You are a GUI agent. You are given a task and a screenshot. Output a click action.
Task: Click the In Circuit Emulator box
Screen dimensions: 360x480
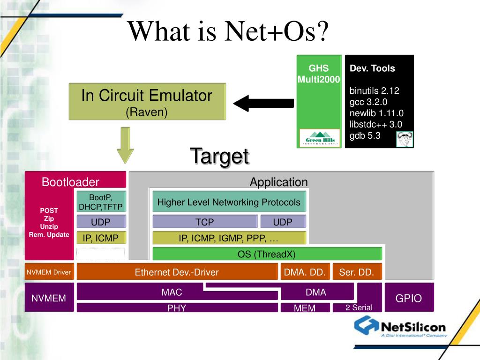(x=147, y=101)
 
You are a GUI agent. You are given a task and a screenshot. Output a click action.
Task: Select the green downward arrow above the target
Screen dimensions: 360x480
(x=125, y=145)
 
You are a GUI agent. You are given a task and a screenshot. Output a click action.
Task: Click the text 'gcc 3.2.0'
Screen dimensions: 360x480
(x=368, y=102)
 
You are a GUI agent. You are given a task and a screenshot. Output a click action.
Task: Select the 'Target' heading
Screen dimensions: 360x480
(x=219, y=156)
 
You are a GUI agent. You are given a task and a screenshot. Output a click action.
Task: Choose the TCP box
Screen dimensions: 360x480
(x=205, y=222)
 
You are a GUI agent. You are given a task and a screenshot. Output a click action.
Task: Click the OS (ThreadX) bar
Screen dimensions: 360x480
(x=267, y=254)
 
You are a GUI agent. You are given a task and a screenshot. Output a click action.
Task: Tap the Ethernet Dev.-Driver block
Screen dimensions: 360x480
(x=177, y=272)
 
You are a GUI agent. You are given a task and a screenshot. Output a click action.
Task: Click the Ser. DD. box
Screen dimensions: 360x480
(x=356, y=272)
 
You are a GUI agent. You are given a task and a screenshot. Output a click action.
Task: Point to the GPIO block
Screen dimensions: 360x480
(x=409, y=298)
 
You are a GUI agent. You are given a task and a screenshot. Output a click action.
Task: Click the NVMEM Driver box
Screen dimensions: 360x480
(x=49, y=272)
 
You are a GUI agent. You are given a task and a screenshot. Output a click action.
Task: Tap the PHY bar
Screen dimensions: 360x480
(x=176, y=308)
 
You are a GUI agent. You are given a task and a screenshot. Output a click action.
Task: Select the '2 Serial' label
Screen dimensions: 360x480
(x=359, y=307)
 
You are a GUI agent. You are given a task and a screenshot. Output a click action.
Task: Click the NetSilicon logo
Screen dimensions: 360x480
(x=400, y=326)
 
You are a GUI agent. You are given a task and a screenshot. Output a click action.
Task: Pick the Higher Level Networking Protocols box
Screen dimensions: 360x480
(x=229, y=202)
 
